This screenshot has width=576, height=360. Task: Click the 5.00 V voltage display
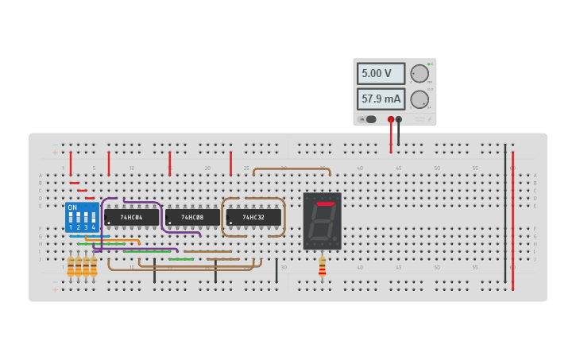(381, 74)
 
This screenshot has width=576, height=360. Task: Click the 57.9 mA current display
(381, 99)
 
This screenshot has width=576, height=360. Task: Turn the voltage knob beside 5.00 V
(419, 74)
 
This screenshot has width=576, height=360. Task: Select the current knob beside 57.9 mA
(419, 99)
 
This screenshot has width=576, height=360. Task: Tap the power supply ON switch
(369, 119)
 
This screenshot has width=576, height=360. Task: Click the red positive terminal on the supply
(391, 119)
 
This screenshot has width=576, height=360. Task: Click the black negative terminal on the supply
(399, 119)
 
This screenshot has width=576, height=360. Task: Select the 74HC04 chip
(131, 217)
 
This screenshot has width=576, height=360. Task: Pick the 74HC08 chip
(192, 217)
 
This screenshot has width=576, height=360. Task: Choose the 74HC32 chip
(253, 217)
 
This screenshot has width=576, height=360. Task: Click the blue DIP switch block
(82, 217)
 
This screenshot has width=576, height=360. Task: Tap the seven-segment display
(322, 221)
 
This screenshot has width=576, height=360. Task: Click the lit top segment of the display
(325, 204)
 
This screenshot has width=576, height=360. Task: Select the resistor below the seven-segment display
(322, 267)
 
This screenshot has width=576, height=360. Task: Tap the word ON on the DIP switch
(72, 207)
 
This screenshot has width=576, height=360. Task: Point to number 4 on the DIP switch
(94, 227)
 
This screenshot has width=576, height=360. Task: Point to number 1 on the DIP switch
(71, 227)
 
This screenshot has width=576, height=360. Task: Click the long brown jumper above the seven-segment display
(291, 168)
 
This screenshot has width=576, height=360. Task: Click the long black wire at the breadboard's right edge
(504, 215)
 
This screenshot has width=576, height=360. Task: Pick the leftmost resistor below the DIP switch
(71, 266)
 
